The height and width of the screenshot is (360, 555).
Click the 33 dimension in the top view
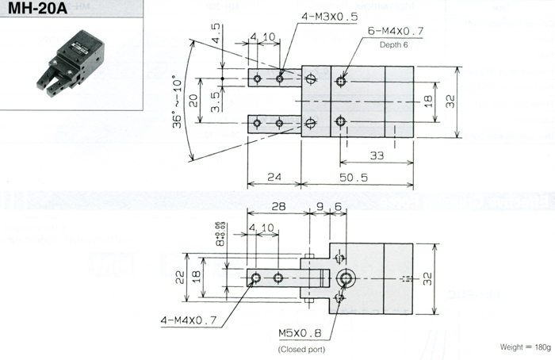click(x=376, y=156)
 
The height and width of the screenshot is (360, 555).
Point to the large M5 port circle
click(x=346, y=278)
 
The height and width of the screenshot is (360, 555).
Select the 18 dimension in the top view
click(x=427, y=101)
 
